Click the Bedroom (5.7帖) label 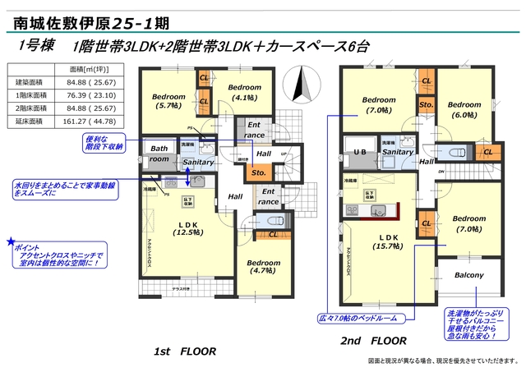168,100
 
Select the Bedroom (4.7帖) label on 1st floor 264,268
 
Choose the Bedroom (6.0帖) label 464,110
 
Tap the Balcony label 468,275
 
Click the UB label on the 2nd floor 359,153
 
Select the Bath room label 159,154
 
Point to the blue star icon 11,242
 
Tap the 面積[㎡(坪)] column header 90,70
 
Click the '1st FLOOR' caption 185,351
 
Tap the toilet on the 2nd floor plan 461,151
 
